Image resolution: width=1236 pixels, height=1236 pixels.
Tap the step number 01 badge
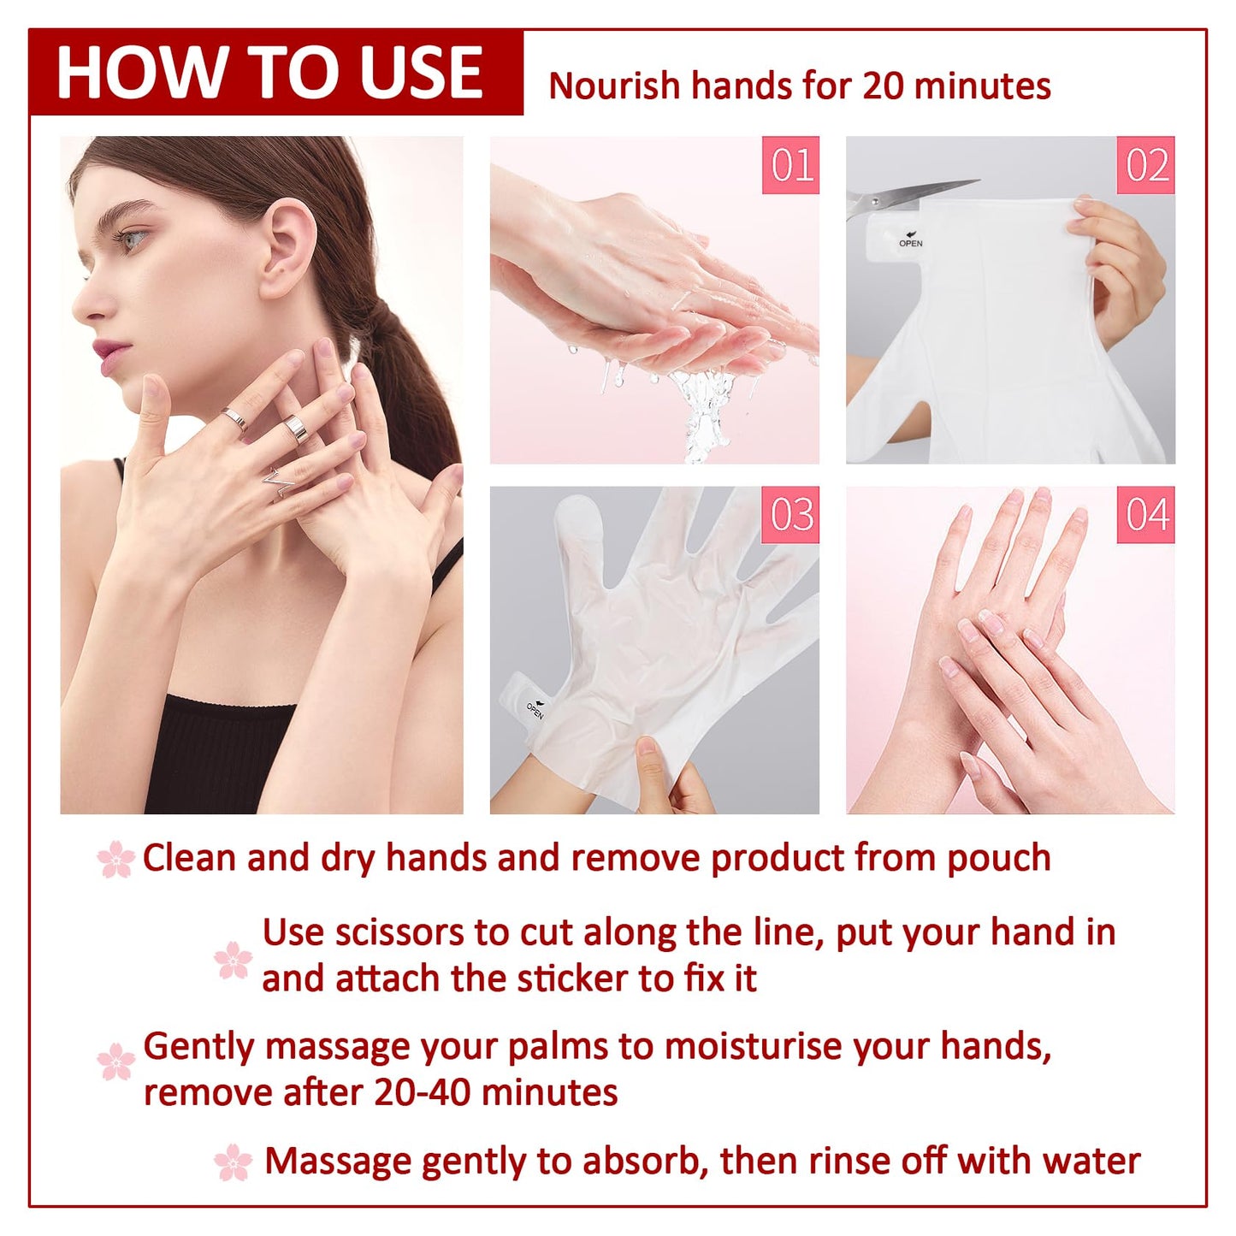pos(790,165)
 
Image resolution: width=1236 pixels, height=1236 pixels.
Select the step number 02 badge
pos(1146,165)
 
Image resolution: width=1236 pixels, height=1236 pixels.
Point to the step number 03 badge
pos(790,515)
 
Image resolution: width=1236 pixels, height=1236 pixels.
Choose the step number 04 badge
pos(1146,515)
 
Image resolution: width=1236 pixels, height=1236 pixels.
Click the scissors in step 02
pos(907,196)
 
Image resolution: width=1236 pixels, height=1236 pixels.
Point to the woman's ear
pos(287,248)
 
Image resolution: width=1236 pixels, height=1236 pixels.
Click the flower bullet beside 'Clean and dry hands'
pos(116,859)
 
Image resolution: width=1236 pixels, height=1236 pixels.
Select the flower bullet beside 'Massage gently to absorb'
pos(234,1162)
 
